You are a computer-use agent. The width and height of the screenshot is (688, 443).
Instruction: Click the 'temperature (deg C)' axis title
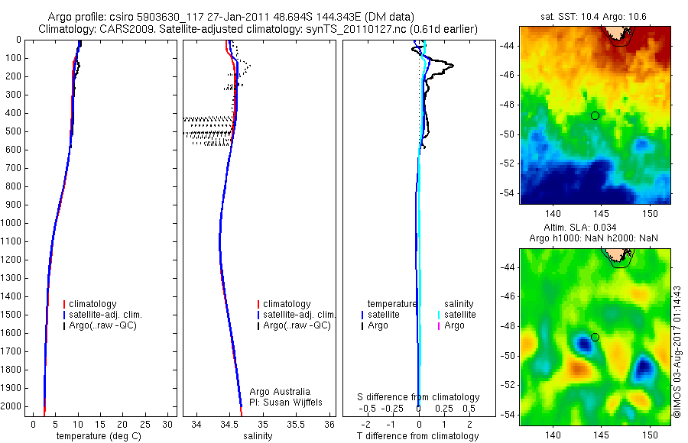point(102,436)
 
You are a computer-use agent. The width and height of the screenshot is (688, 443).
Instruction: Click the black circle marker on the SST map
point(595,115)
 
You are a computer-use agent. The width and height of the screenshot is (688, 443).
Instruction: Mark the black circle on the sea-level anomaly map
point(595,337)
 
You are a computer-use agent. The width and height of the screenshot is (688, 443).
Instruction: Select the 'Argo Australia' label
point(280,391)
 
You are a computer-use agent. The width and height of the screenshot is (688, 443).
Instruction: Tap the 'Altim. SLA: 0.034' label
point(595,228)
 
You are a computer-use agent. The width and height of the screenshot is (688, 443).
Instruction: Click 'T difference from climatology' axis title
point(418,436)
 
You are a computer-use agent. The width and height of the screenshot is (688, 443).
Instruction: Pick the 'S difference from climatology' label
point(419,397)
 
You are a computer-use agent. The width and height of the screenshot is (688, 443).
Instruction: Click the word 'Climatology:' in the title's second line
point(67,29)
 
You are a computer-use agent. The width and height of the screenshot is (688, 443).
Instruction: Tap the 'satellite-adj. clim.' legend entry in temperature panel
point(111,315)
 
